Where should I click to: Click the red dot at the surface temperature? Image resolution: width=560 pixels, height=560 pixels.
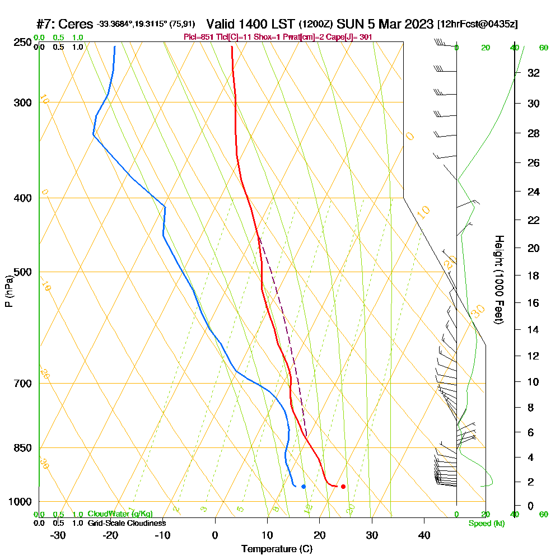[x=343, y=486]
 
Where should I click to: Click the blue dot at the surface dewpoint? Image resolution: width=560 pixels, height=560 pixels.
[x=304, y=486]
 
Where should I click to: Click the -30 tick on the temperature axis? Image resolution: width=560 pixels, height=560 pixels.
[x=58, y=535]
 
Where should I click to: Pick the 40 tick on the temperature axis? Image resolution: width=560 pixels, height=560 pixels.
[x=424, y=535]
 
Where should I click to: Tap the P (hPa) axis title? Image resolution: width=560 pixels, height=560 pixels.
[x=9, y=291]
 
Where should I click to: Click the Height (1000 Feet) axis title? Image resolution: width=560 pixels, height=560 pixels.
[x=498, y=279]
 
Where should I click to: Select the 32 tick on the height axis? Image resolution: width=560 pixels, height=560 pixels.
[x=533, y=73]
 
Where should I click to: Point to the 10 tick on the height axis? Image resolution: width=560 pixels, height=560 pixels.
[x=533, y=382]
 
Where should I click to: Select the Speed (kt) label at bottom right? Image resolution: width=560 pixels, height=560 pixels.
[x=486, y=523]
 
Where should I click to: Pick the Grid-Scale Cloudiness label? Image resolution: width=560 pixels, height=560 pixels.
[x=127, y=523]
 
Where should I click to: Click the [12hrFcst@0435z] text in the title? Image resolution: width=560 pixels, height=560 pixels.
[x=478, y=25]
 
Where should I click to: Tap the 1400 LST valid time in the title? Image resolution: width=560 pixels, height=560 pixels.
[x=250, y=25]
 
